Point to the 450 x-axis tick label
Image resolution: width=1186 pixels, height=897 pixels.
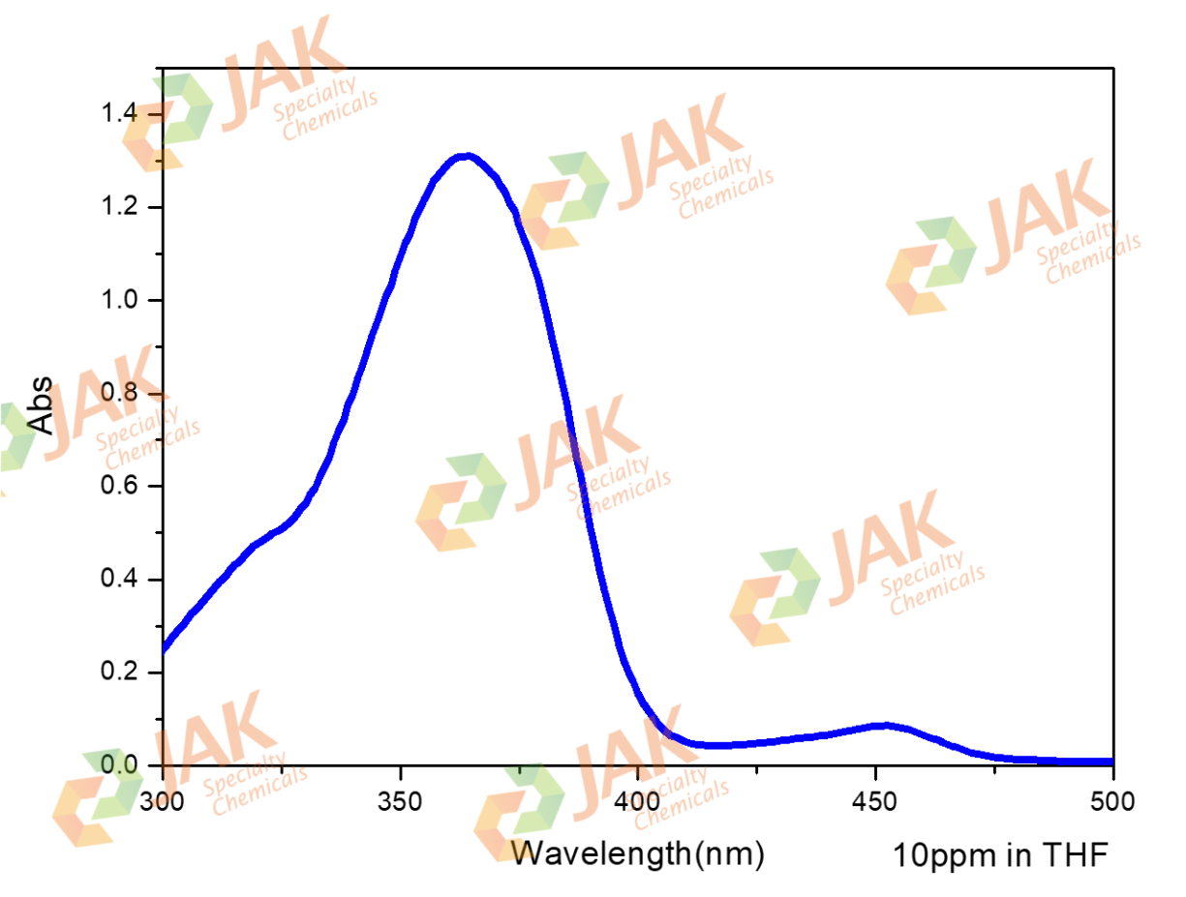click(875, 802)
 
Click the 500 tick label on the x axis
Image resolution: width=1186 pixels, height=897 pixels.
click(1112, 802)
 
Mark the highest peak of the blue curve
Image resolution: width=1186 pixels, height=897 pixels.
click(467, 155)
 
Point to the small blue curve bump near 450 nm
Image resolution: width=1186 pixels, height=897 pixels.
click(882, 725)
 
